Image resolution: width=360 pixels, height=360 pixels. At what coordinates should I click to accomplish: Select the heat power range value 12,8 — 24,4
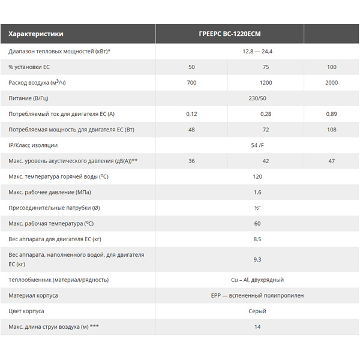(257, 52)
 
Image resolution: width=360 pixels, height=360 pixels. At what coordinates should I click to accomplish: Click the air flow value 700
(191, 83)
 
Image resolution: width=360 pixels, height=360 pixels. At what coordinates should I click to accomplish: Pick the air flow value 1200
(266, 83)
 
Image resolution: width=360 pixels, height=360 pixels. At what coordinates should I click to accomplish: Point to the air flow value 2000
(332, 83)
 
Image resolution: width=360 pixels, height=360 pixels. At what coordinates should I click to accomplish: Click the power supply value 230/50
(257, 98)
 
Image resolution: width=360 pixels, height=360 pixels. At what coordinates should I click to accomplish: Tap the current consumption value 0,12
(191, 114)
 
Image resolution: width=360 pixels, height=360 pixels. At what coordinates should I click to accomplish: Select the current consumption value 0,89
(332, 114)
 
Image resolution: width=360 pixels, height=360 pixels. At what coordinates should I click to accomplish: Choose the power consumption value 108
(332, 130)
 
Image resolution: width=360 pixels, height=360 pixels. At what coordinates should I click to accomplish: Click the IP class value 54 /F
(257, 145)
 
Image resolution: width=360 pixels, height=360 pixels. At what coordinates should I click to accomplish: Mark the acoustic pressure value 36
(191, 161)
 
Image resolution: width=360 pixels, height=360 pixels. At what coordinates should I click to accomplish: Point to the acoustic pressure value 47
(332, 161)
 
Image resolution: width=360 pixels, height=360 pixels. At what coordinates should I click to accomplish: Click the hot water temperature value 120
(257, 176)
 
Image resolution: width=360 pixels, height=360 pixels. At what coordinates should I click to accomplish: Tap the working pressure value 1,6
(257, 192)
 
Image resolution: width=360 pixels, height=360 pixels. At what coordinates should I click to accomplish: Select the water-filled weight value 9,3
(257, 259)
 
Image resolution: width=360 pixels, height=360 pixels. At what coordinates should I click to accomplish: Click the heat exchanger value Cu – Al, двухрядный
(257, 280)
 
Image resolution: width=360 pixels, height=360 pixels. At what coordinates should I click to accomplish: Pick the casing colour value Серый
(257, 311)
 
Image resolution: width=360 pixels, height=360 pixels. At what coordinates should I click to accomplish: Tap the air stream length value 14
(257, 327)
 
